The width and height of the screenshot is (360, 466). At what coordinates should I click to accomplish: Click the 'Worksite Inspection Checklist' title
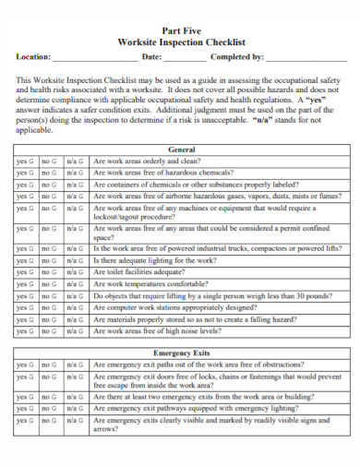point(181,42)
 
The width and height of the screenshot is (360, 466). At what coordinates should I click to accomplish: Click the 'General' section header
point(181,149)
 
